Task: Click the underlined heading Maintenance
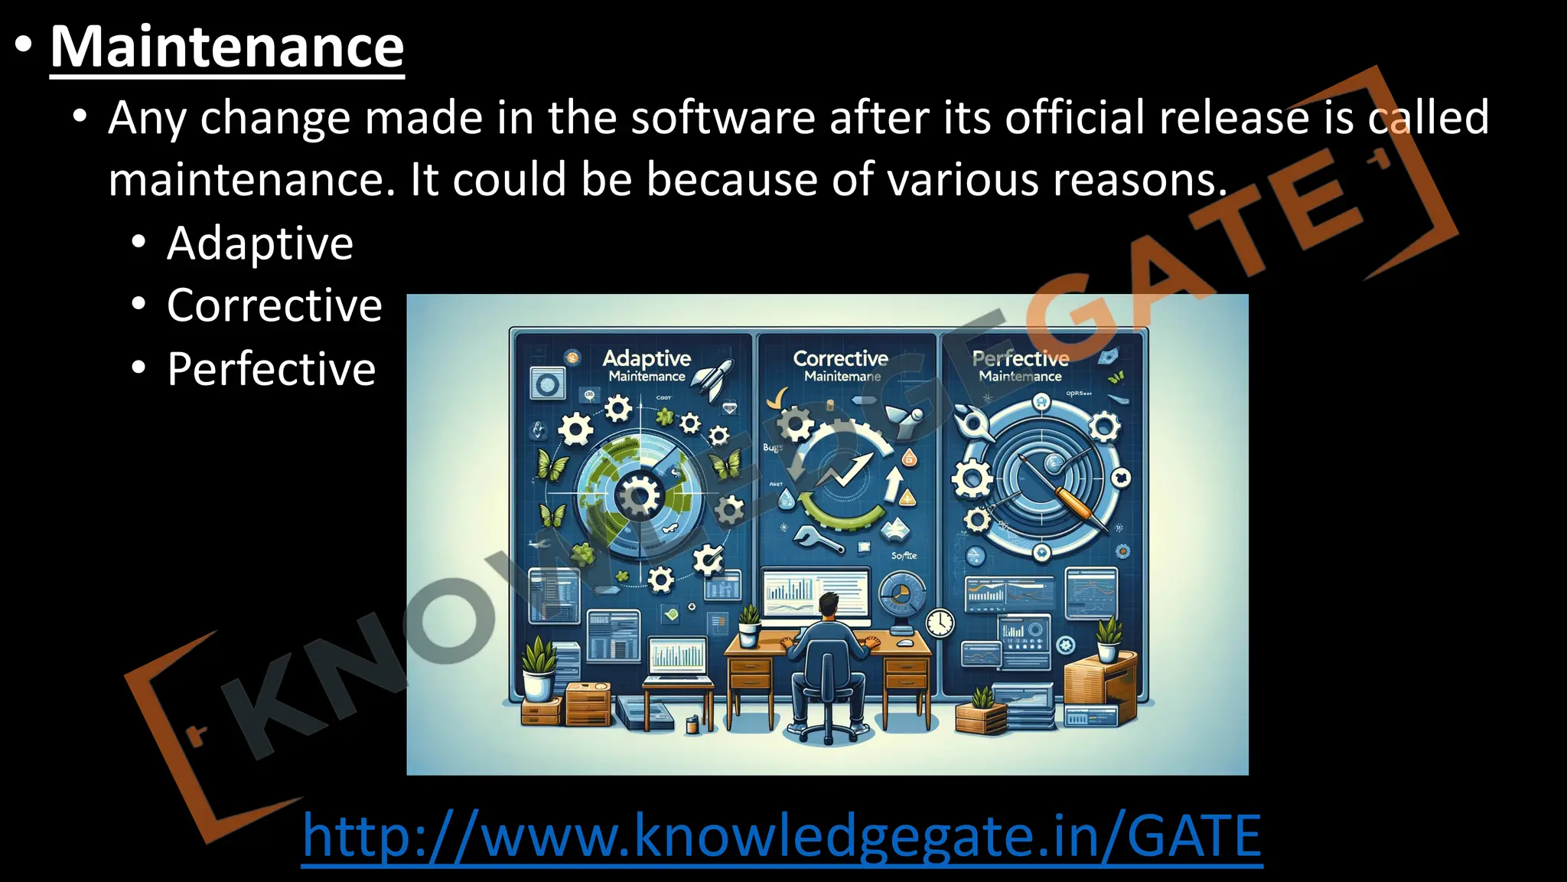(x=226, y=47)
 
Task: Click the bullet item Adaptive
(x=260, y=243)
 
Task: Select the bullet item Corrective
(x=274, y=305)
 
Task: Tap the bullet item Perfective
(x=271, y=369)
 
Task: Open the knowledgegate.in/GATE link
(x=781, y=836)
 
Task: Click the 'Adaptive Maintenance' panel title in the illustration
(x=647, y=365)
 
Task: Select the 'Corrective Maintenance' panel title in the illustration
(x=840, y=365)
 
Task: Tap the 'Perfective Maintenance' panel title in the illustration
(x=1020, y=365)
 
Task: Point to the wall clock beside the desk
(x=940, y=622)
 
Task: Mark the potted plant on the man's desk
(x=749, y=624)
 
